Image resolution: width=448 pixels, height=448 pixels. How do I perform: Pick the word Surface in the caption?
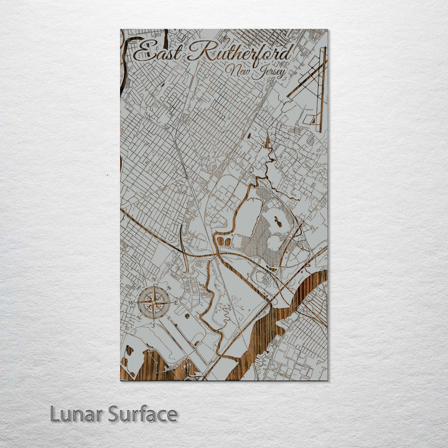pyautogui.click(x=142, y=414)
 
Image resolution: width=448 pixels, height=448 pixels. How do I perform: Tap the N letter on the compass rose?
pyautogui.click(x=154, y=279)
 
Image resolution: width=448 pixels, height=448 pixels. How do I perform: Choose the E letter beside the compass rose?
pyautogui.click(x=176, y=303)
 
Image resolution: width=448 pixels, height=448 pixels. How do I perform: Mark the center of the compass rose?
pyautogui.click(x=154, y=303)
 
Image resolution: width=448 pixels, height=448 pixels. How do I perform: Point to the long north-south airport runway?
pyautogui.click(x=322, y=90)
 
